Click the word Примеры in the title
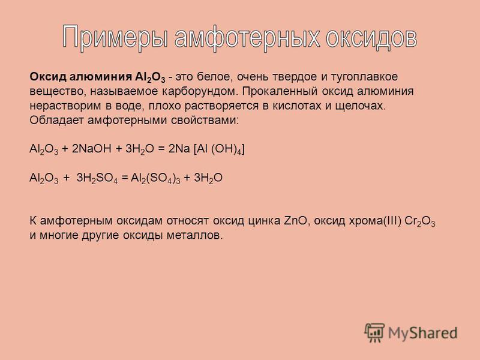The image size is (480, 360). click(x=115, y=37)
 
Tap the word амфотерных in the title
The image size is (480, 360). click(x=247, y=37)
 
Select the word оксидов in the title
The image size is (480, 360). click(x=371, y=37)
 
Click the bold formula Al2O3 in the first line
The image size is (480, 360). click(x=150, y=77)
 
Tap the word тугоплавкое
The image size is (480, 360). click(x=364, y=77)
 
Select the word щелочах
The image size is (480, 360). click(x=361, y=106)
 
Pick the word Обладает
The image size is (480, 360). click(x=56, y=121)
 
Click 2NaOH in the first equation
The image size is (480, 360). click(x=92, y=149)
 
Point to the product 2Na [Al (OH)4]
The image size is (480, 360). click(x=206, y=149)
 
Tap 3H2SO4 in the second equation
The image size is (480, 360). click(x=97, y=178)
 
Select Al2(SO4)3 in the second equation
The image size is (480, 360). click(x=155, y=178)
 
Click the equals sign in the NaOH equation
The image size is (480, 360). click(x=161, y=149)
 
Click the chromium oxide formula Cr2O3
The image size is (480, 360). click(x=419, y=221)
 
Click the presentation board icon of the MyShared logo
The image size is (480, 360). click(x=374, y=332)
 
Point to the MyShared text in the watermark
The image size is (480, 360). click(x=423, y=333)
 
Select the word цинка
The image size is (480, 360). click(x=264, y=221)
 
